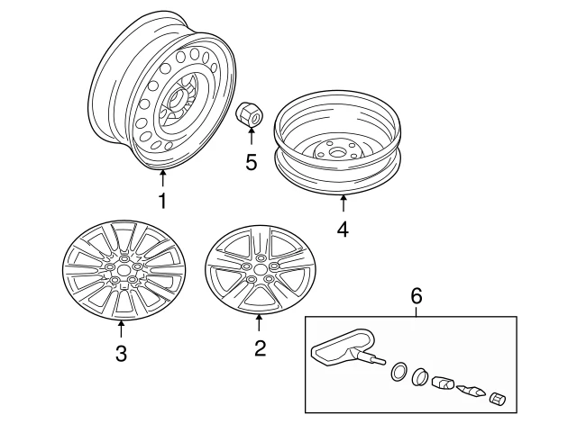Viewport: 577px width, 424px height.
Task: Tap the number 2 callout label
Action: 260,348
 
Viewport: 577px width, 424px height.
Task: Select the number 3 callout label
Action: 122,353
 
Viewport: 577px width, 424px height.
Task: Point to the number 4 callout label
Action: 342,230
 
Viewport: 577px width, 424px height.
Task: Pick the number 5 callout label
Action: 251,163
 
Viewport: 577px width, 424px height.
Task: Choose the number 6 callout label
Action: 416,294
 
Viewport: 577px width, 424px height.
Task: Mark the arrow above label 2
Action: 260,321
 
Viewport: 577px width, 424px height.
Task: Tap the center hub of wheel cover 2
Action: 260,268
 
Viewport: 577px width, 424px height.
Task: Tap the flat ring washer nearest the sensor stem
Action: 398,371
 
